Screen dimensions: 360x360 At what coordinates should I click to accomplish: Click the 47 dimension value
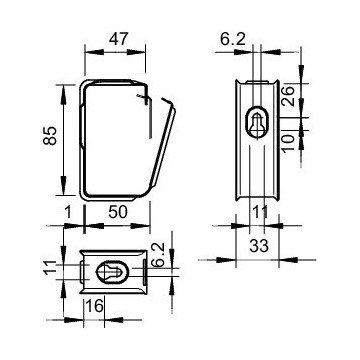(118, 39)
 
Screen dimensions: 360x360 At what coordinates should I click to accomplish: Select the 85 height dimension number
(50, 135)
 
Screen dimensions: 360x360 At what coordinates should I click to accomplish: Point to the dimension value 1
(68, 212)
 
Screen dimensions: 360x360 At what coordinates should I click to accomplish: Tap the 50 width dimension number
(118, 212)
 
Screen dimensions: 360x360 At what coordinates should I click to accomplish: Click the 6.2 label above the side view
(233, 39)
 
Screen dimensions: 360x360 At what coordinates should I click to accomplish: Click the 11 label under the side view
(260, 211)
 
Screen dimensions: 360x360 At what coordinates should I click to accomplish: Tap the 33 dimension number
(259, 246)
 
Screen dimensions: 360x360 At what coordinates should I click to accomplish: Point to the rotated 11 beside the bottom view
(50, 268)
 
